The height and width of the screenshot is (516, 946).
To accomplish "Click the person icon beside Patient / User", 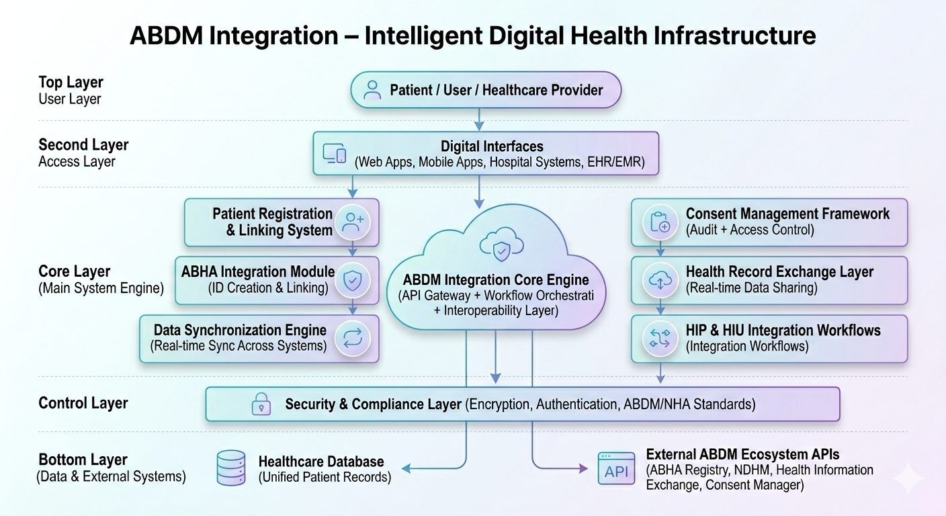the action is point(372,90).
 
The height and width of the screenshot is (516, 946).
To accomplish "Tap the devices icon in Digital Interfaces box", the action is point(335,153).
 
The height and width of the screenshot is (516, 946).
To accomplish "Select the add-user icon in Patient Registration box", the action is point(353,222).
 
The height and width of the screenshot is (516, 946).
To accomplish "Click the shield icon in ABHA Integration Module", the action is point(353,280).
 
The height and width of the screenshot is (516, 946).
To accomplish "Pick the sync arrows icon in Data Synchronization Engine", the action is point(353,338).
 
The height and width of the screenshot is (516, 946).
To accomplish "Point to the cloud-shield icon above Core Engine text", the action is point(501,244).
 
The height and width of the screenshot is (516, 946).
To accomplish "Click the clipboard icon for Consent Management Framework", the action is point(660,222).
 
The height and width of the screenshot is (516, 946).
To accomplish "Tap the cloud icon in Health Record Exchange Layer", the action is point(660,280).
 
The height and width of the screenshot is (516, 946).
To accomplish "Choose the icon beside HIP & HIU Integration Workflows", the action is point(660,338).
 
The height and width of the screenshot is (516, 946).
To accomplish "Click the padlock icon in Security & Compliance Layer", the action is point(261,404).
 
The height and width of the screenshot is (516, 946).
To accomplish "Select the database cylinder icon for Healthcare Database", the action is point(231,468).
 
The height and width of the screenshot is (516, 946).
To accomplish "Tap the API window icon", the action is point(616,468).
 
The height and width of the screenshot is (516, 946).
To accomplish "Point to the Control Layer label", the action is point(83,403).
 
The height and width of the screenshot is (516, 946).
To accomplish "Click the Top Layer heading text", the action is point(71,82).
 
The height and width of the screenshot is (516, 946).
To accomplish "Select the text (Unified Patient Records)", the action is point(325,477).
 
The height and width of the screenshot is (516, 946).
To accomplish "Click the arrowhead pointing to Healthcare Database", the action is point(406,468).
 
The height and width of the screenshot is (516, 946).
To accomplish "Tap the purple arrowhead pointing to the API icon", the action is point(583,468).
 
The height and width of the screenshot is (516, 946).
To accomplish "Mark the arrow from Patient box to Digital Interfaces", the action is point(479,120).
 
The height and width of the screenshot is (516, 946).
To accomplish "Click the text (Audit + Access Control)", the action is point(750,230).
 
